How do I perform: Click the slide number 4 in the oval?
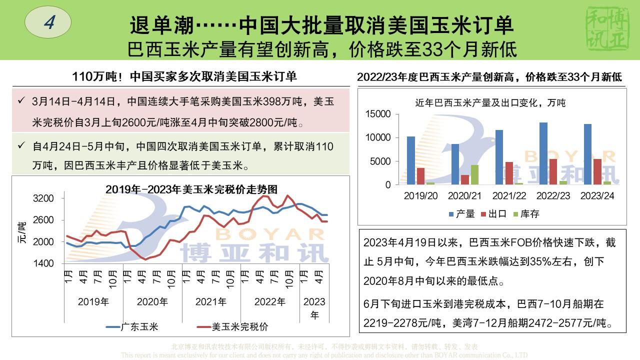48,22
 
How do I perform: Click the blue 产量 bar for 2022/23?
543,153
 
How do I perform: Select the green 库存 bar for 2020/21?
474,174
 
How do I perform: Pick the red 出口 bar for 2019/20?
420,176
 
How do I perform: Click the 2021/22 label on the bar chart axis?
509,195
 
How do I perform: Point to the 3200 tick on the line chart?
43,198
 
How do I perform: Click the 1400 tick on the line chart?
43,263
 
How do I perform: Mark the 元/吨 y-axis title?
21,232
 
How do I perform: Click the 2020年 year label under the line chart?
152,302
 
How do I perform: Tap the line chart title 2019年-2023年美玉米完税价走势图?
191,189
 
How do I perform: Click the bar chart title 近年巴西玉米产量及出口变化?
490,103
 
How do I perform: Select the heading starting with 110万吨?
184,76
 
